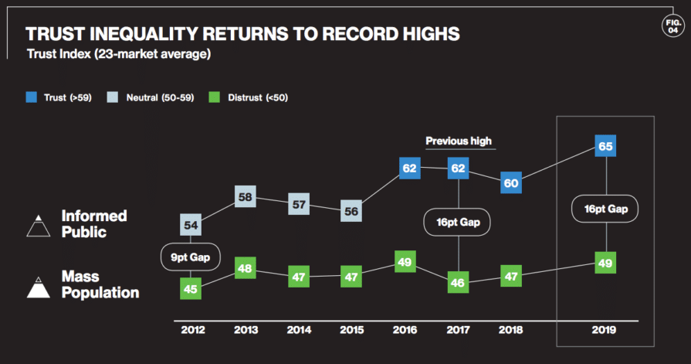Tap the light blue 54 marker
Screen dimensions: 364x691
[x=191, y=225]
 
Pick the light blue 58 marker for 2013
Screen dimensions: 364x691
[x=246, y=197]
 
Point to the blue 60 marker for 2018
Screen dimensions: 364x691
[x=511, y=183]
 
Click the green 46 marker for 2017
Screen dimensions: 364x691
[x=459, y=283]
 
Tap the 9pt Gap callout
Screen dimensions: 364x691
[x=191, y=257]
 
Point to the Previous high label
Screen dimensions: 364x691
[x=459, y=141]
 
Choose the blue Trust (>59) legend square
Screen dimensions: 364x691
[x=31, y=97]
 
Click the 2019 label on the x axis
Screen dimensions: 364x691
[x=605, y=330]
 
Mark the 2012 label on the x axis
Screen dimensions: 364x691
[x=192, y=330]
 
